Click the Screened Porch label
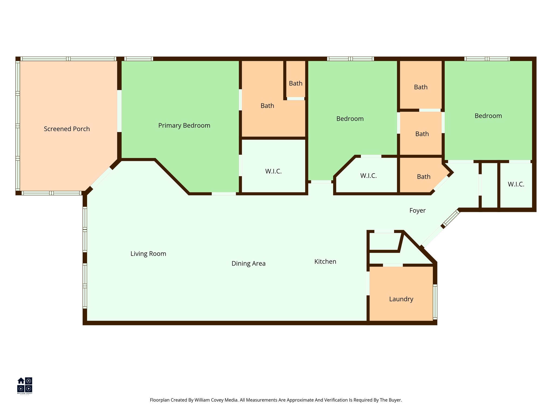67,129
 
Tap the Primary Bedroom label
184,125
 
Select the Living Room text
148,254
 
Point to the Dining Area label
249,263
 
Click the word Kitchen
325,261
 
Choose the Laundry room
401,299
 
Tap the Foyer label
417,211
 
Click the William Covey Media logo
25,385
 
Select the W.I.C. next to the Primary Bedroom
273,171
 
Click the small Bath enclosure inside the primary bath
296,83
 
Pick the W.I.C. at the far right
516,184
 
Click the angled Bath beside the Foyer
423,177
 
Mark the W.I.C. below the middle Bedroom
368,176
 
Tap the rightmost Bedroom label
488,116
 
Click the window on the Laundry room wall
435,302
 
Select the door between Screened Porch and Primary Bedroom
119,111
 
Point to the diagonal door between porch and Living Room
101,178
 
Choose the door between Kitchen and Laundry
368,283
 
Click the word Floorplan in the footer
159,400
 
